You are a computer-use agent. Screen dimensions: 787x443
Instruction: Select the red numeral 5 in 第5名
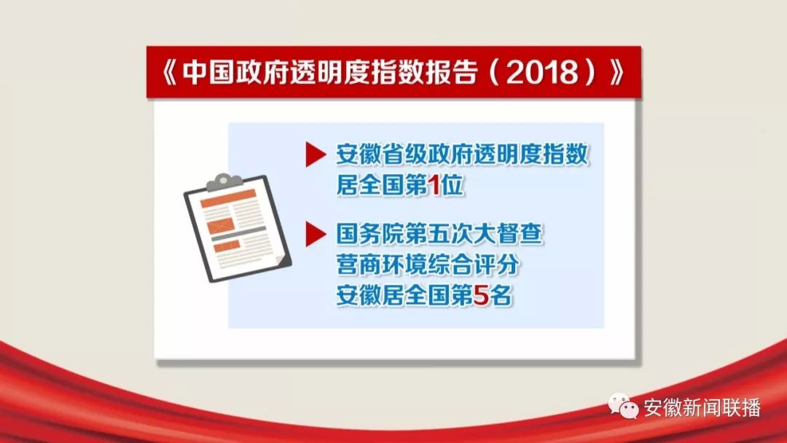(x=480, y=296)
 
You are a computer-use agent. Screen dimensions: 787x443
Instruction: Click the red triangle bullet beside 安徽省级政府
(x=316, y=154)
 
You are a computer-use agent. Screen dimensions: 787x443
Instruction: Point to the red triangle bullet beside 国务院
(x=316, y=235)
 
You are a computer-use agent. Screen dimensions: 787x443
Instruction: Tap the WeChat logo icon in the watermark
(x=623, y=406)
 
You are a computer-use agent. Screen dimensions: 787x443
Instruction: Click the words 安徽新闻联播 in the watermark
(x=702, y=407)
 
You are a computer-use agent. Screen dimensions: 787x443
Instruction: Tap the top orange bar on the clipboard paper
(x=228, y=198)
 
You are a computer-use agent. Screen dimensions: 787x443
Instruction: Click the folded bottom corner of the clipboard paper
(x=282, y=260)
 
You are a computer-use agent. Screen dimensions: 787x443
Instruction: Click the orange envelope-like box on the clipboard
(x=221, y=226)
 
